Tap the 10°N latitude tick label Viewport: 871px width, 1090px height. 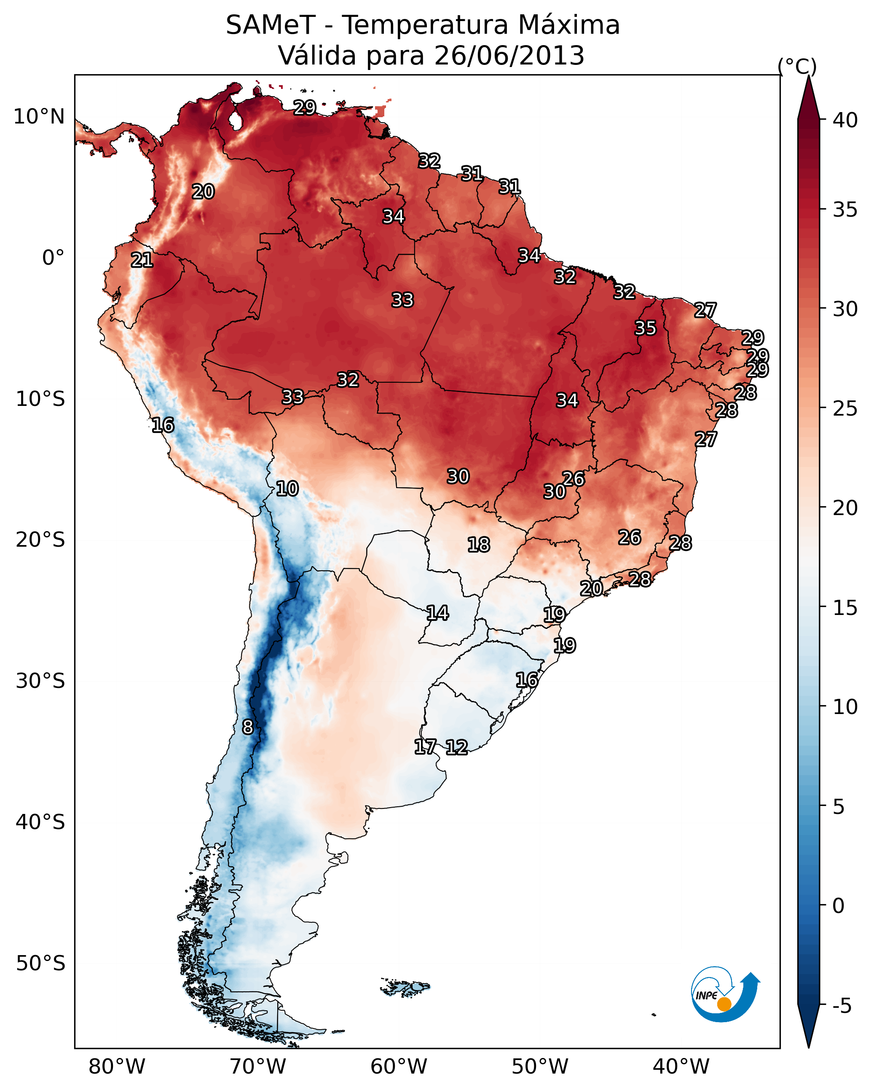click(39, 117)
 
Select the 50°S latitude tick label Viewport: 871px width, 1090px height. click(40, 963)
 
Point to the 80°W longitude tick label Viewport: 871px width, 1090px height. click(117, 1066)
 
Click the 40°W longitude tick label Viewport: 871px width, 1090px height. click(681, 1066)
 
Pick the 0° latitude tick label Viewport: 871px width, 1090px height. click(53, 258)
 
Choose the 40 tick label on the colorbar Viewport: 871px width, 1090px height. click(845, 120)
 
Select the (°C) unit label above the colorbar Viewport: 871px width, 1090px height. click(797, 66)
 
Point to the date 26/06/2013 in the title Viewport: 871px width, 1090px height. click(509, 56)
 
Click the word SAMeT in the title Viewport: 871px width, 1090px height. click(271, 25)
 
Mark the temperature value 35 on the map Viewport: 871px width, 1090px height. click(646, 328)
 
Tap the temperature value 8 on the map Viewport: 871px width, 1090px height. click(248, 727)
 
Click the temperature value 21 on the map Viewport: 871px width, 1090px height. click(142, 260)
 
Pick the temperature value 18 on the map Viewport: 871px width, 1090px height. click(479, 545)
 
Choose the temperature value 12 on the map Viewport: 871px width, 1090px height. click(456, 747)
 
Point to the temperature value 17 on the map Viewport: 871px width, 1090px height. click(425, 747)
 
